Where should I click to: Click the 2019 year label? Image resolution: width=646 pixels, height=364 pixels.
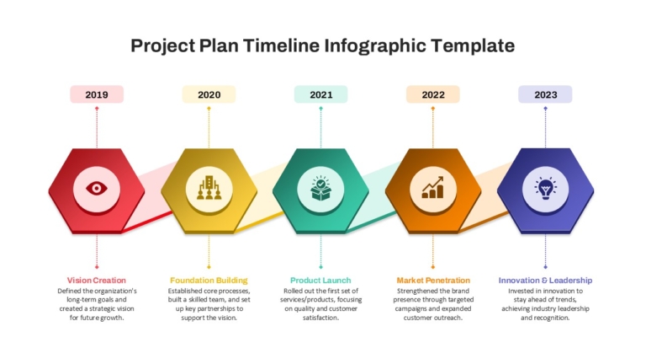tap(97, 94)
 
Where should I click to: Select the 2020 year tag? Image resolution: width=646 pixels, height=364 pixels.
tap(209, 94)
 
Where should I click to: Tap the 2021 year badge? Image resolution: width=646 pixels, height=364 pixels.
tap(321, 94)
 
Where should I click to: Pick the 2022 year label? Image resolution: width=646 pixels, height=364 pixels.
tap(433, 94)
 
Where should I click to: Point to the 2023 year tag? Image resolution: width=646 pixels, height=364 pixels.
tap(545, 94)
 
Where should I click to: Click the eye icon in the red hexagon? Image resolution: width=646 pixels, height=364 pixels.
tap(97, 189)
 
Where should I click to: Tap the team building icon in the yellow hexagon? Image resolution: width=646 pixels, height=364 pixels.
tap(209, 188)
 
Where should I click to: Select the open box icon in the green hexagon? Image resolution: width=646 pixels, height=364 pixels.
tap(321, 189)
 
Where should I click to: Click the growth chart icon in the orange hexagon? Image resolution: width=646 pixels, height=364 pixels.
tap(433, 188)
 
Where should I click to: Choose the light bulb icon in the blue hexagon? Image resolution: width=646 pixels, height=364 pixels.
tap(545, 189)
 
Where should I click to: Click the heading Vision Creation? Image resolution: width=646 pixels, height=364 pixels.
tap(97, 281)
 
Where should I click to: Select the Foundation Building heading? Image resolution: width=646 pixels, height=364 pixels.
tap(209, 281)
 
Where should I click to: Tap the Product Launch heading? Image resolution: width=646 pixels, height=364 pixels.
tap(320, 281)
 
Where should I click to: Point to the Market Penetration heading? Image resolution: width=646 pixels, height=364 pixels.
tap(433, 281)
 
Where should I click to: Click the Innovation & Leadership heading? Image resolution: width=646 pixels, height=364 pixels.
tap(545, 281)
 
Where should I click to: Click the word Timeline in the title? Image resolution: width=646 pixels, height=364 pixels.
tap(281, 45)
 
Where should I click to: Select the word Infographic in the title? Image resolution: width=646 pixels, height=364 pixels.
tap(375, 46)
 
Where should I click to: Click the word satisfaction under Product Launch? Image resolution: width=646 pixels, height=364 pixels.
tap(320, 318)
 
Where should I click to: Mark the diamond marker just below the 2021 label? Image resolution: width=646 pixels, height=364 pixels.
tap(321, 109)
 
